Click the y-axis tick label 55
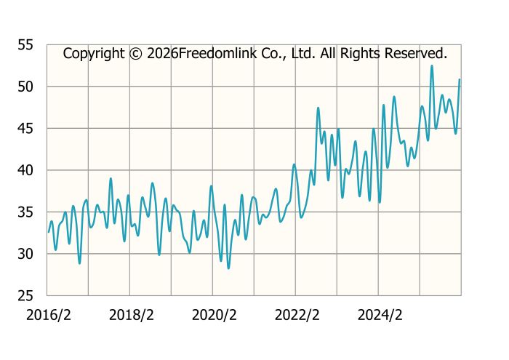click(x=26, y=45)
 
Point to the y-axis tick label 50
click(x=26, y=87)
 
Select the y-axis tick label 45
click(x=26, y=129)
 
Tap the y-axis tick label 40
click(x=26, y=170)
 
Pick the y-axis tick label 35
click(x=26, y=212)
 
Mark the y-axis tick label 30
click(x=26, y=254)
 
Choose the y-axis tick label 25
click(x=26, y=296)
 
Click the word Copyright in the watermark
click(x=93, y=53)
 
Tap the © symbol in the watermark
click(x=135, y=53)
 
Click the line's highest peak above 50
click(x=432, y=66)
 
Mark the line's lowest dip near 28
click(x=228, y=268)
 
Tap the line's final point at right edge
click(x=460, y=79)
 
